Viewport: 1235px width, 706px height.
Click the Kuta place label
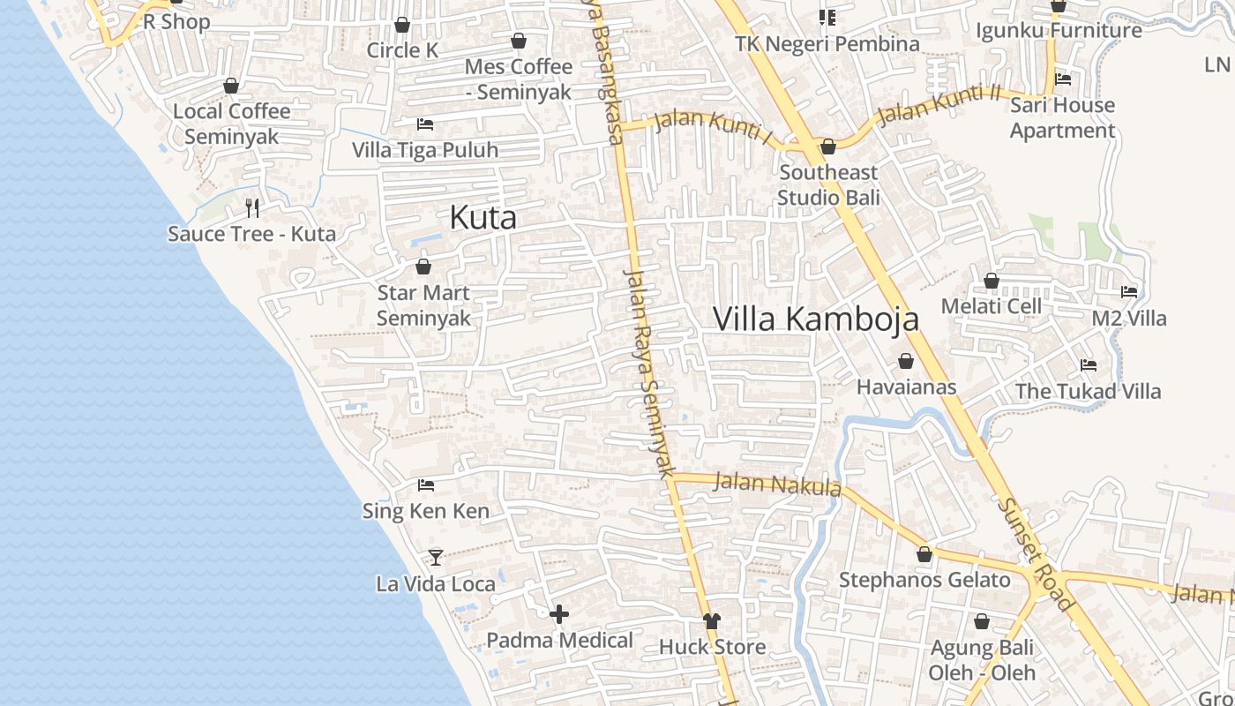point(483,217)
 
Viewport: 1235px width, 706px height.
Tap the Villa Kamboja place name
point(816,319)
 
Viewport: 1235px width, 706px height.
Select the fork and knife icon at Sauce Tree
point(252,208)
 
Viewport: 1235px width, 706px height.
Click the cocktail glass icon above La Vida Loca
point(435,557)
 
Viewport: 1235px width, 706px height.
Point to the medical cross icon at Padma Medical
point(559,614)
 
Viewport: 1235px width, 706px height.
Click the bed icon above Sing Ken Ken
point(426,484)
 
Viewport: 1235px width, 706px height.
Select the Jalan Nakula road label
point(777,484)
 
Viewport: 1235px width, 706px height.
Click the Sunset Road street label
point(1037,555)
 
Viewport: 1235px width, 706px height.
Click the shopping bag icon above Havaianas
point(906,361)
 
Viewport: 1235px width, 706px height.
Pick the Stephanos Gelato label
point(924,580)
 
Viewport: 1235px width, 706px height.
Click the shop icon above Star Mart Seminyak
point(423,266)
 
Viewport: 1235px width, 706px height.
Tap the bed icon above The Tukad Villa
point(1089,365)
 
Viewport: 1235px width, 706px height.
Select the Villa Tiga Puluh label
point(425,150)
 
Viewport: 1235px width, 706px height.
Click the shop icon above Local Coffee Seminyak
point(231,86)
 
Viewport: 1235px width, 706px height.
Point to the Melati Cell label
point(992,306)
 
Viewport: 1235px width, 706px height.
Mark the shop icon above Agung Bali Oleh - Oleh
point(982,622)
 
